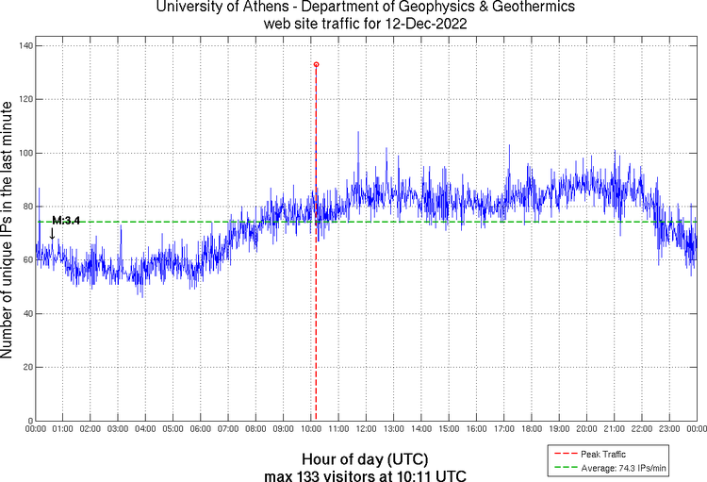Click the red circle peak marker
click(x=316, y=64)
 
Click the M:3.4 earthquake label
click(x=66, y=220)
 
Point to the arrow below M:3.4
click(x=52, y=233)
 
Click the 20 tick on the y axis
click(x=28, y=367)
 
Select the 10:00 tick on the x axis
click(x=311, y=429)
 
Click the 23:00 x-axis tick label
click(x=668, y=429)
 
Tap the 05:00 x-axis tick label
click(x=173, y=429)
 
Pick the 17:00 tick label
click(x=503, y=429)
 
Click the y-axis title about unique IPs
click(x=8, y=231)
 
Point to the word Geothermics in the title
click(x=535, y=8)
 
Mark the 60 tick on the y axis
click(x=28, y=259)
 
